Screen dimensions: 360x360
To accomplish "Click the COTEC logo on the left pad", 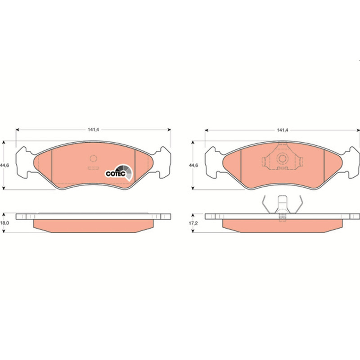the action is click(x=119, y=173).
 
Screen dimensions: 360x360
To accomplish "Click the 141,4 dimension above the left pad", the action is click(x=93, y=130).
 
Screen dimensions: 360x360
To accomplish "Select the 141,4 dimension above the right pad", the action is click(x=283, y=130).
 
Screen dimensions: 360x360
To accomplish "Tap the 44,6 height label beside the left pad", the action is click(x=4, y=165).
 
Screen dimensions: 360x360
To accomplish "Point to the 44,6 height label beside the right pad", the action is click(x=193, y=165).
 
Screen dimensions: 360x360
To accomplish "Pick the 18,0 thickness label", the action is click(x=4, y=223).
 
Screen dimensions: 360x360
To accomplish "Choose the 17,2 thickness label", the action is click(x=193, y=223).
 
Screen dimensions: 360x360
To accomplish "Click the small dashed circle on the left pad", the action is click(x=93, y=158).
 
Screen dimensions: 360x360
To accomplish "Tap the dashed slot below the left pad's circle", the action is click(x=93, y=168).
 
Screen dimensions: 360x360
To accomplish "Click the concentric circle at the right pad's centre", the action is click(x=282, y=158).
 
